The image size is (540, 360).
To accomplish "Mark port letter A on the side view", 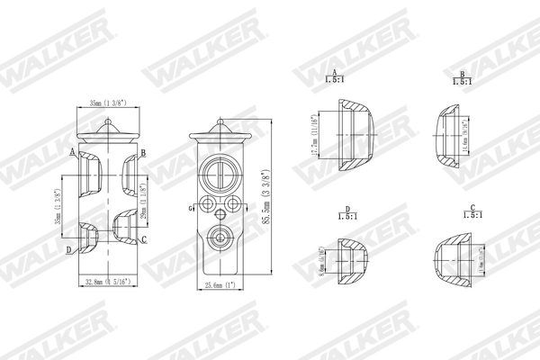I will (71, 152).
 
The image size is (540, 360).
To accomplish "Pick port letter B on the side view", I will (143, 154).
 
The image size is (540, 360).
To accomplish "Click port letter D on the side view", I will (68, 249).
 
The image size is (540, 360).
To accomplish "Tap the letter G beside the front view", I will (190, 210).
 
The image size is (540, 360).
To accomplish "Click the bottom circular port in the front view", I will (218, 239).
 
